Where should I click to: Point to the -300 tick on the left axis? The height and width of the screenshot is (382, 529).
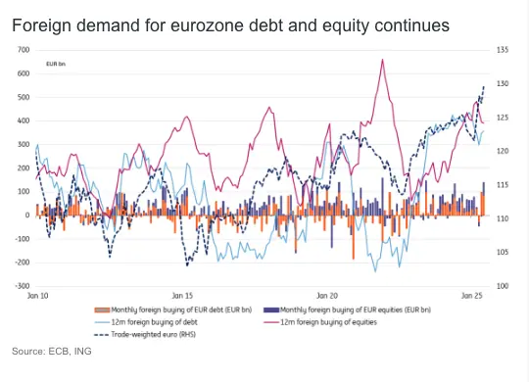point(21,286)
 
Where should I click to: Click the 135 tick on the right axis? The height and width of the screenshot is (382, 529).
point(503,50)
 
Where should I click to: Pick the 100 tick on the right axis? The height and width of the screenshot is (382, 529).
point(503,286)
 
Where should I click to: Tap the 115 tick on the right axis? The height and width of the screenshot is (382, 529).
point(503,185)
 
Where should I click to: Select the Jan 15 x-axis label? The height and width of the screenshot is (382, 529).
point(183,295)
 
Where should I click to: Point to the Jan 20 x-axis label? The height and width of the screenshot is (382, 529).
point(327,295)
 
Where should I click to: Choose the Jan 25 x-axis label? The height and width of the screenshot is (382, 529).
point(471,295)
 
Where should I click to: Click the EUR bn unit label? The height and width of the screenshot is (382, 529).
point(57,65)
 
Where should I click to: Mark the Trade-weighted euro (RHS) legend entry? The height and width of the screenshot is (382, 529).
point(141,333)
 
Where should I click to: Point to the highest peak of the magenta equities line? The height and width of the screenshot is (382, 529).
point(381,60)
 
